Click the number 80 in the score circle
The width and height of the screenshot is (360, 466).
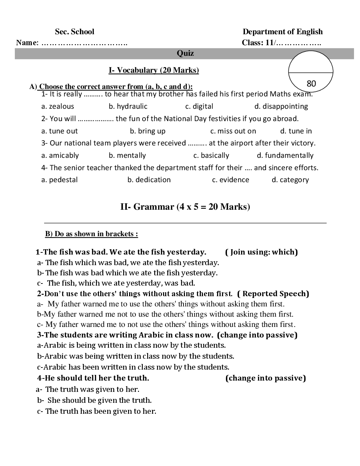[x=311, y=84]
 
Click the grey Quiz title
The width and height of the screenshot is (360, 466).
[x=185, y=53]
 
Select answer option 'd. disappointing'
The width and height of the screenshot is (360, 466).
[x=281, y=106]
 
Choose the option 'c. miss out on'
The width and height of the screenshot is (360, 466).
[x=233, y=131]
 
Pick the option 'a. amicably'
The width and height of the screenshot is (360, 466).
[x=60, y=155]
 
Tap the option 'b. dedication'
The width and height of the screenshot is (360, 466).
[x=149, y=180]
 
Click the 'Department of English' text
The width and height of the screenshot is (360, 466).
[x=282, y=32]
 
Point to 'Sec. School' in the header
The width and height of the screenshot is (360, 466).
[x=74, y=32]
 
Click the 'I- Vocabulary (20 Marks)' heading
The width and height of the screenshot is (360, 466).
[x=154, y=70]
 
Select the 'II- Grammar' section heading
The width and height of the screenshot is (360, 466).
[x=185, y=207]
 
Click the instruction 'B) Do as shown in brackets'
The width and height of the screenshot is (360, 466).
[x=91, y=234]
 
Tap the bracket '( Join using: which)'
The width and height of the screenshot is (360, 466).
[x=261, y=252]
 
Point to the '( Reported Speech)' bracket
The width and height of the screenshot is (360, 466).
[x=273, y=294]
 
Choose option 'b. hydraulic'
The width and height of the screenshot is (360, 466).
[x=128, y=106]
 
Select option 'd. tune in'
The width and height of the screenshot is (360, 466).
[x=296, y=131]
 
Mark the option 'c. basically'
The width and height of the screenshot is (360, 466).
[x=211, y=155]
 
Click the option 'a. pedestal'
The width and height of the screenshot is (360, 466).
[x=59, y=180]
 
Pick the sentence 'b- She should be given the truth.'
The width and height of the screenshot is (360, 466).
[x=94, y=400]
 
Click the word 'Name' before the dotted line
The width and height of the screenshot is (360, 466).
[x=26, y=43]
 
